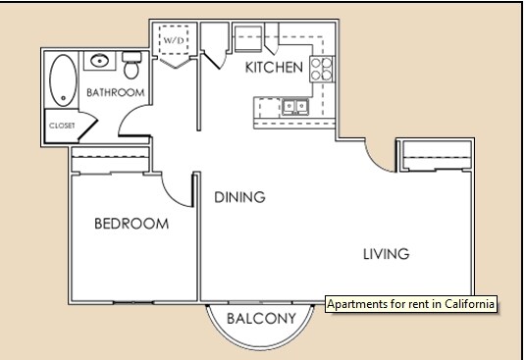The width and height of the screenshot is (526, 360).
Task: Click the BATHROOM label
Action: [x=115, y=93]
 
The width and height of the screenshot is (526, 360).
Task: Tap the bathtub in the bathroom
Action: [x=63, y=80]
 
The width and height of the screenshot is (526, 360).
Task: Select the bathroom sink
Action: [x=100, y=63]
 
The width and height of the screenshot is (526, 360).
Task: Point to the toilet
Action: [x=132, y=69]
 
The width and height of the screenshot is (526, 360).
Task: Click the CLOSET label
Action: [x=62, y=126]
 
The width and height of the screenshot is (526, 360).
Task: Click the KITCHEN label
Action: [x=273, y=68]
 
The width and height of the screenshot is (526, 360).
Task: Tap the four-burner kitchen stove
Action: [x=321, y=68]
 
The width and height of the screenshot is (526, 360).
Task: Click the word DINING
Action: [x=239, y=197]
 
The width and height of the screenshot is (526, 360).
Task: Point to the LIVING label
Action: [x=385, y=254]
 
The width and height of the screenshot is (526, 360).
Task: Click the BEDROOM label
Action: [x=131, y=224]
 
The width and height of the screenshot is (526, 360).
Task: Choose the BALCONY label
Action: [x=261, y=319]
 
